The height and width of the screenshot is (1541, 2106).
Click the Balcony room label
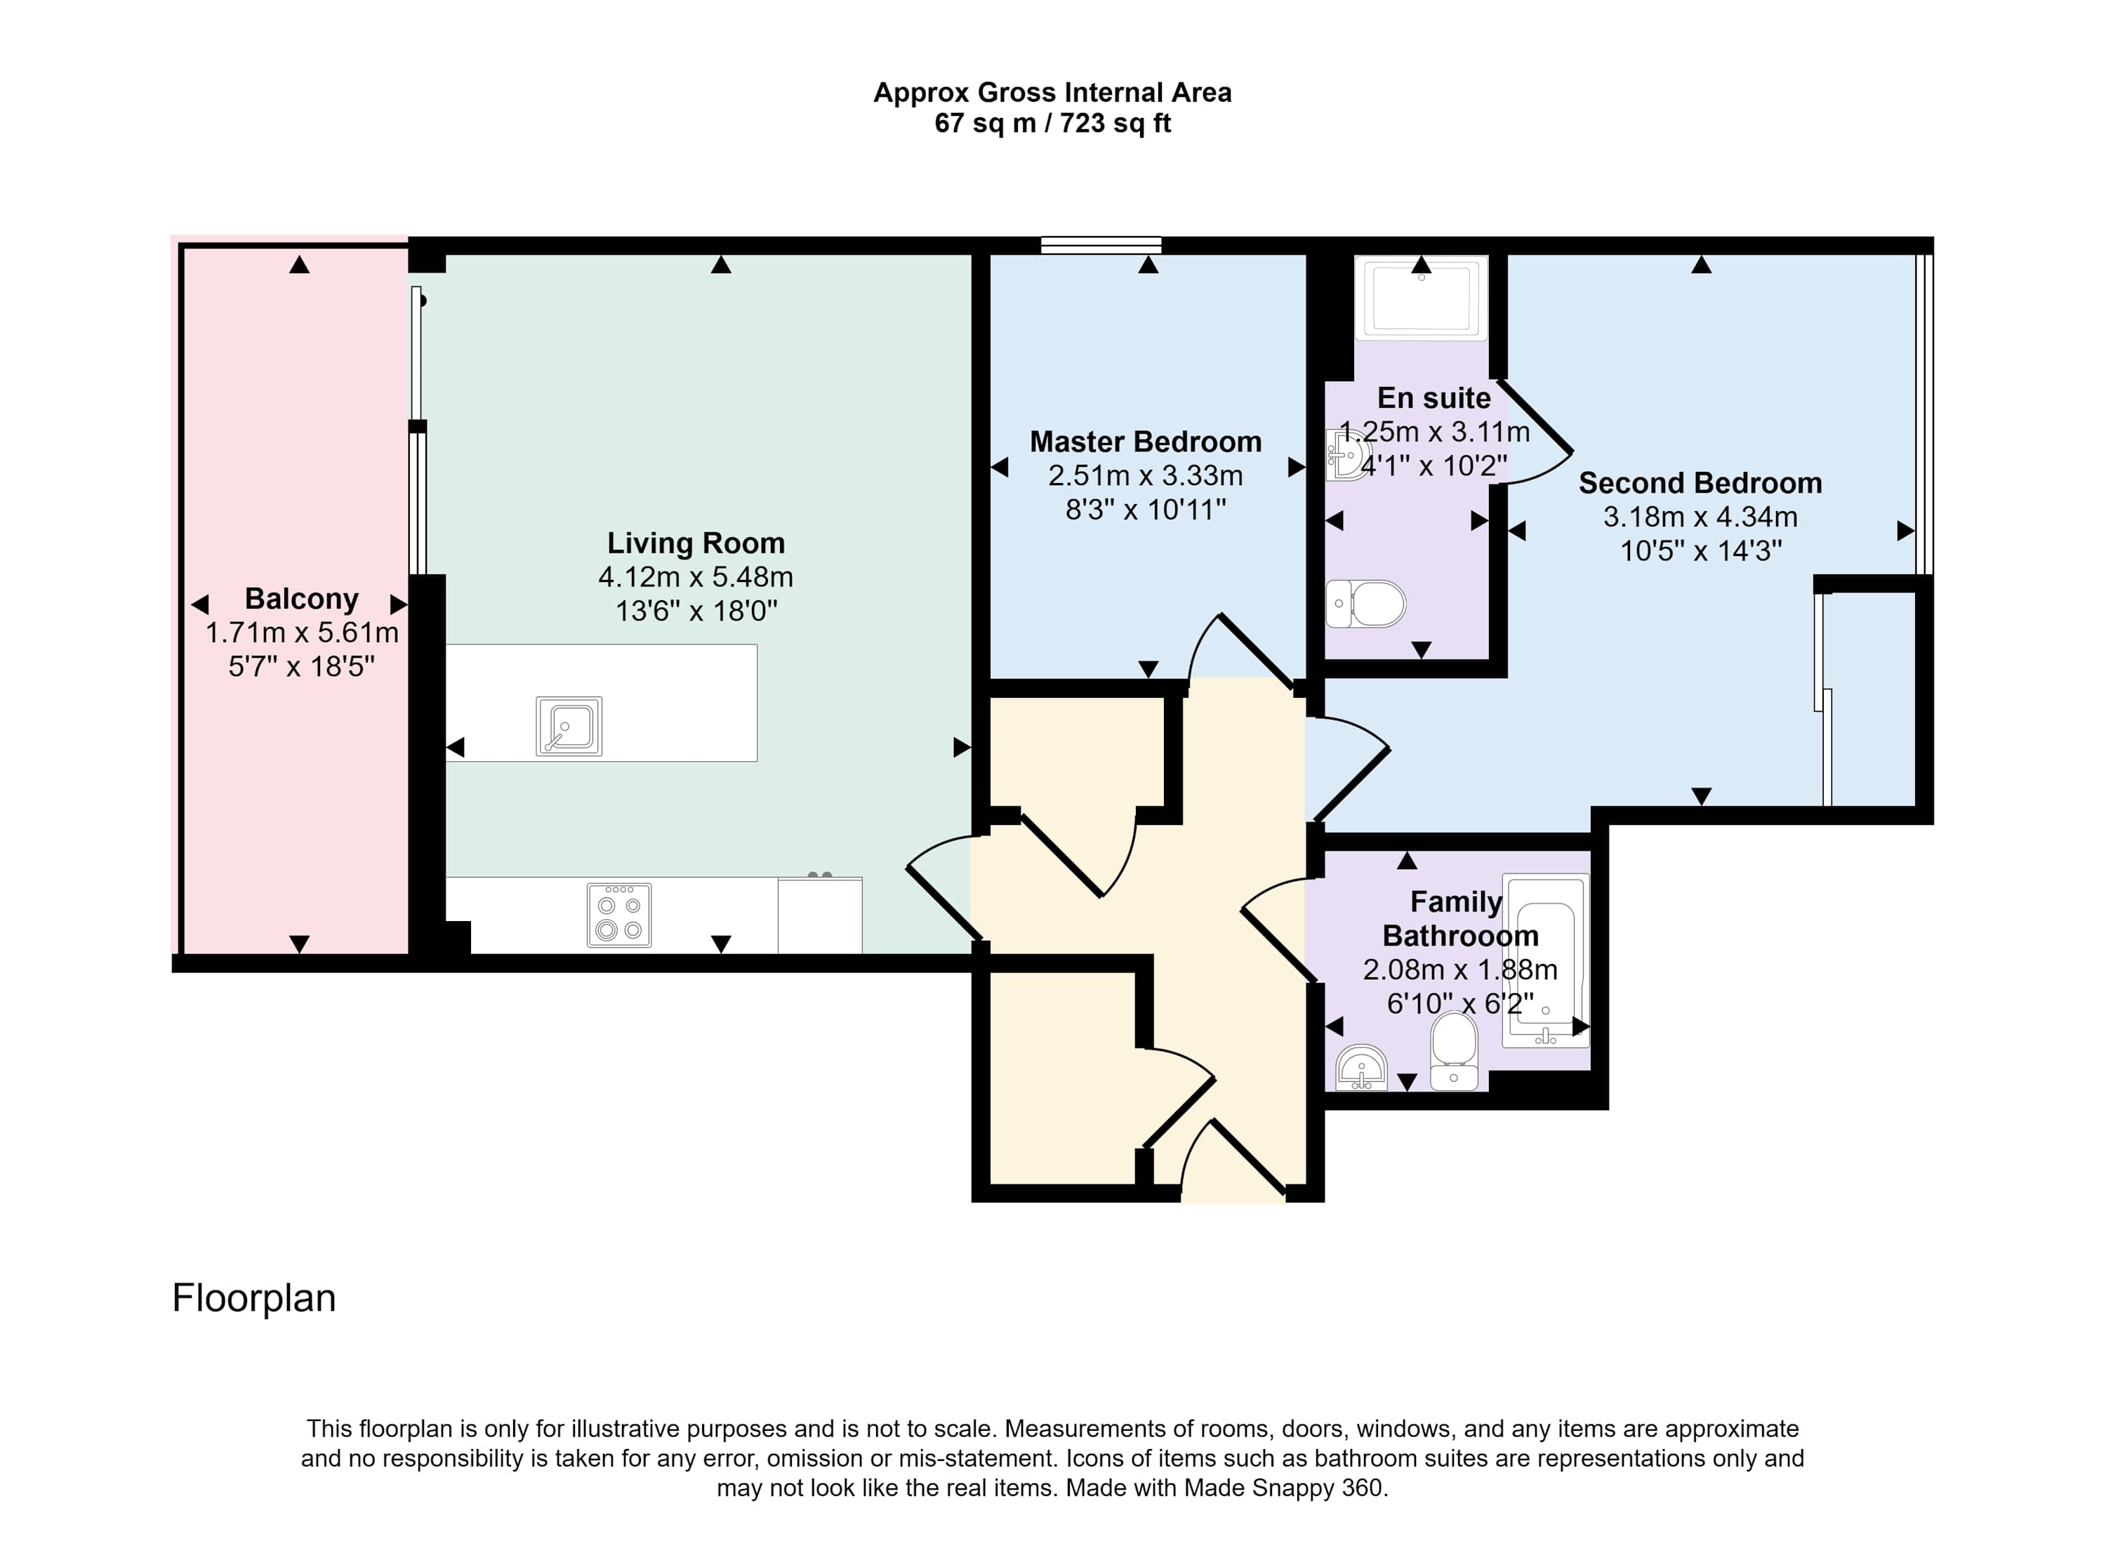coord(301,598)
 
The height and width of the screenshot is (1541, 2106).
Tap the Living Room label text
coord(696,543)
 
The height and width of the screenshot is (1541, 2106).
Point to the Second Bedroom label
coord(1700,482)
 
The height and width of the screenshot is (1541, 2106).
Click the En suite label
coord(1433,397)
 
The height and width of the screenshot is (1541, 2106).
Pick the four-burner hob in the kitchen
coord(619,915)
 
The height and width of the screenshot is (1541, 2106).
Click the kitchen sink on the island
coord(569,726)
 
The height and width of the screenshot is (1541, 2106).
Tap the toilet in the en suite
coord(1365,604)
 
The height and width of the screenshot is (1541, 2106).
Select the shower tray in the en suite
coord(1422,298)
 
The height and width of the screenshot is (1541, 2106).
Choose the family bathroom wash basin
coord(1362,1067)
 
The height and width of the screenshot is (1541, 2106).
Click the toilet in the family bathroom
coord(1454,1050)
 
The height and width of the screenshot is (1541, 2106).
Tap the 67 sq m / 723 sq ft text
coord(1052,123)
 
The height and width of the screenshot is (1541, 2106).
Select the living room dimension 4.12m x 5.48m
coord(696,576)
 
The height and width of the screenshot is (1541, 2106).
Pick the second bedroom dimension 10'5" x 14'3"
coord(1700,550)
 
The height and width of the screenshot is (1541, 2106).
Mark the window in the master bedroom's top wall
coord(1101,245)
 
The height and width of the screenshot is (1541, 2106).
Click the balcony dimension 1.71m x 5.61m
coord(301,633)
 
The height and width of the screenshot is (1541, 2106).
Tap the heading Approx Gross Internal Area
coord(1052,93)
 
